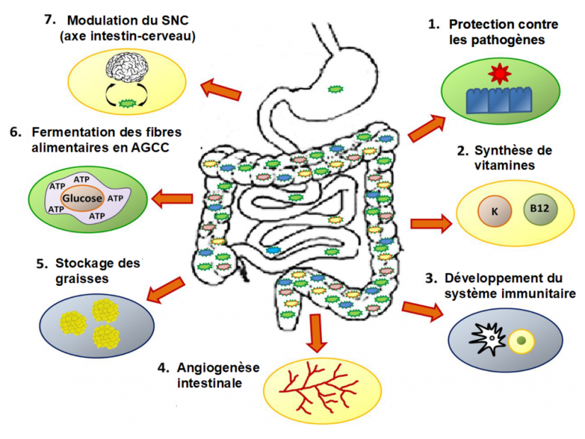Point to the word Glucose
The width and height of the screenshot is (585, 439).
click(82, 199)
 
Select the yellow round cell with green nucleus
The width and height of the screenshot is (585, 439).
click(521, 341)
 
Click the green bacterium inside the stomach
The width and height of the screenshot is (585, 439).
click(334, 89)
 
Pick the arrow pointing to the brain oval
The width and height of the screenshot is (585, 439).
click(221, 89)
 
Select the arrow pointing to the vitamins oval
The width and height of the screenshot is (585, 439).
click(430, 223)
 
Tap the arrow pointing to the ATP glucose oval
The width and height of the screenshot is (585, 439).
click(172, 199)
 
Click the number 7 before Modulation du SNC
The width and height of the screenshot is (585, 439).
click(49, 19)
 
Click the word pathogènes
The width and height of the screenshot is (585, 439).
click(496, 40)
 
